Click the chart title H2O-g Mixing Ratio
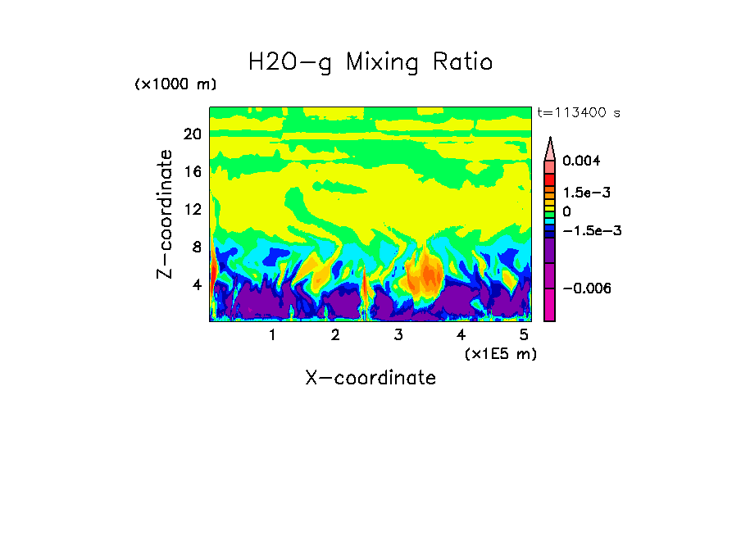pos(370,62)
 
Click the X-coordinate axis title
pos(370,378)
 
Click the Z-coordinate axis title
pos(166,214)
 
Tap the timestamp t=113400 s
pos(578,112)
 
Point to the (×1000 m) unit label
pos(175,84)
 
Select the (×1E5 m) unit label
pos(500,353)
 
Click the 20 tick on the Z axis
pos(192,134)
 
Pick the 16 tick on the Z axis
pos(192,172)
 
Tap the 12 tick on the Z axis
pos(192,209)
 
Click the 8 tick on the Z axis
pos(196,247)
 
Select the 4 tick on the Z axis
pos(196,284)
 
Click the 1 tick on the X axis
pos(272,334)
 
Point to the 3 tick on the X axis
pos(398,334)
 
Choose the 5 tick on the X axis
pos(524,334)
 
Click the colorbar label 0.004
pos(581,161)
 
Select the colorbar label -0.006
pos(587,288)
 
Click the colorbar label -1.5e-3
pos(590,230)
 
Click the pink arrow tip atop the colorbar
pos(550,147)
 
